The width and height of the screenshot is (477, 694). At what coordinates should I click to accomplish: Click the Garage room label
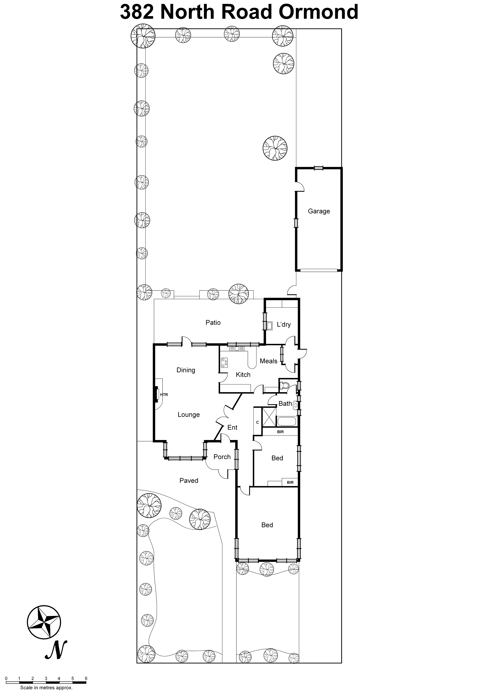point(319,211)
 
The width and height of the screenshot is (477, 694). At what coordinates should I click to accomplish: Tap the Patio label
point(213,322)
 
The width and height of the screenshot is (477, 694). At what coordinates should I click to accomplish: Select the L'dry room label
point(284,324)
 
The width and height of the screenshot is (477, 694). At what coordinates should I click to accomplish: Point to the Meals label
point(268,361)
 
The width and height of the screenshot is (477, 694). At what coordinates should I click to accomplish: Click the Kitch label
point(243,374)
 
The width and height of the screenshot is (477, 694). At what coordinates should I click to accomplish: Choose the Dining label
point(185,370)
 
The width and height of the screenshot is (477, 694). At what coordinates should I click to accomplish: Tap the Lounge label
point(189,414)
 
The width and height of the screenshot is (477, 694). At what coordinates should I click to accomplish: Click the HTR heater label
point(164,395)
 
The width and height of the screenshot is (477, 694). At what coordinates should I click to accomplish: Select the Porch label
point(222,457)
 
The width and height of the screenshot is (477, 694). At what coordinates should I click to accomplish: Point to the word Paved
point(189,480)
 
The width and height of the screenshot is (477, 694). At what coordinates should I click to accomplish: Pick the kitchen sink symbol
point(237,348)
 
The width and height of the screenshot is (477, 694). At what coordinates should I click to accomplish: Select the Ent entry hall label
point(232,427)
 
